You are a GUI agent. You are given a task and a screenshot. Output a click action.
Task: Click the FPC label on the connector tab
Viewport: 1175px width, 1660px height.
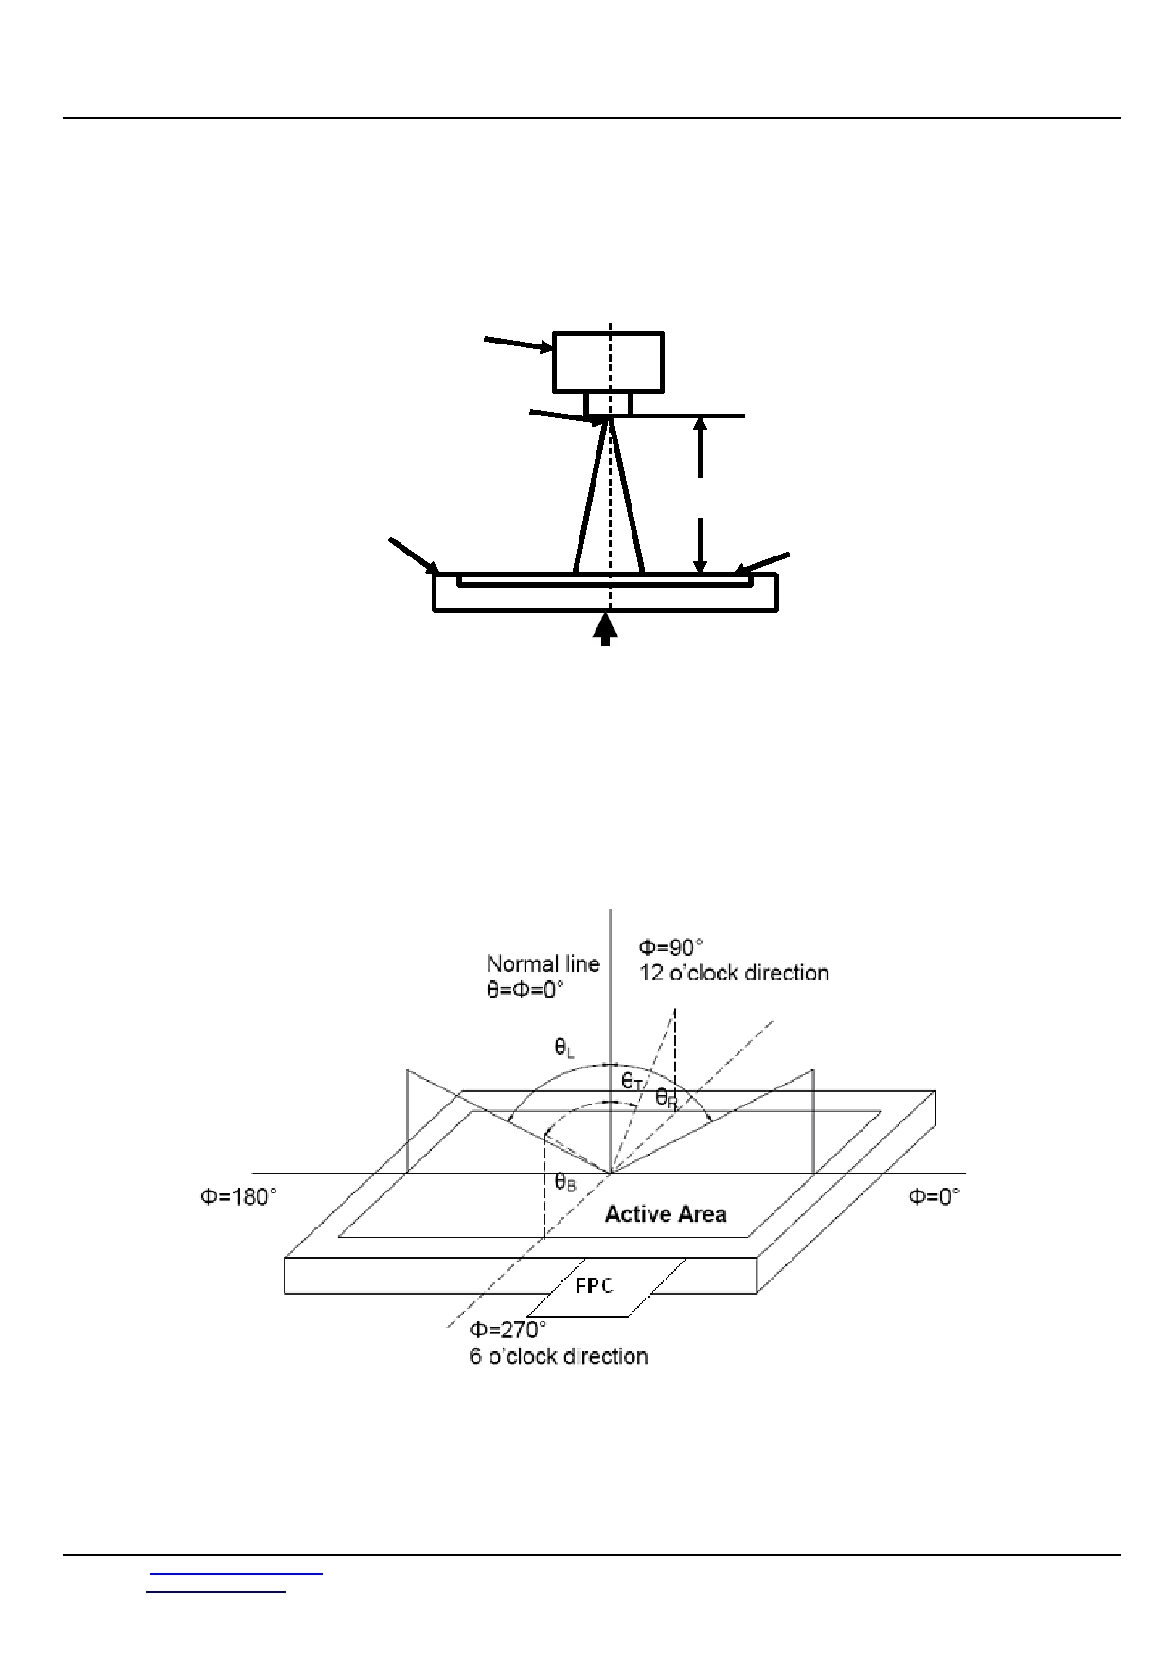tap(594, 1285)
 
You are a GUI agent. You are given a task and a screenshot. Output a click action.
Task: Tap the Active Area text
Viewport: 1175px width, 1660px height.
tap(666, 1214)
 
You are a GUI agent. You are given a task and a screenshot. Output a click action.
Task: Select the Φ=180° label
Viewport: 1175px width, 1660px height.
tap(239, 1197)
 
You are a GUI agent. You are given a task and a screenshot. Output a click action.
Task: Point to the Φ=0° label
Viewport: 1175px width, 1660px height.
tap(935, 1197)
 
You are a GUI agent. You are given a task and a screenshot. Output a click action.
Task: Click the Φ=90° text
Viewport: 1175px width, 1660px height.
tap(671, 947)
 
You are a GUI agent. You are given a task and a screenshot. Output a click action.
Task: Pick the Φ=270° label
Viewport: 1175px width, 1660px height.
tap(508, 1330)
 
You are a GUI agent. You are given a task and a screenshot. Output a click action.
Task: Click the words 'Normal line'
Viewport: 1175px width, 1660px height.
tap(543, 963)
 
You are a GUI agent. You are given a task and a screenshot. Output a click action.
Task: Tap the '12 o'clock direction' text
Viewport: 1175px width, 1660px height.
tap(734, 973)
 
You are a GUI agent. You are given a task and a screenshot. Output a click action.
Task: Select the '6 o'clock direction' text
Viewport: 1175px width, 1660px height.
tap(559, 1356)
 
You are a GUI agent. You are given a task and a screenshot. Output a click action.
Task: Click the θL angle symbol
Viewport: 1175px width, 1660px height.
tap(565, 1048)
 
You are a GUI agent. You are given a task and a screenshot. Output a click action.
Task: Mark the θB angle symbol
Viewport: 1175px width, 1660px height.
tap(565, 1181)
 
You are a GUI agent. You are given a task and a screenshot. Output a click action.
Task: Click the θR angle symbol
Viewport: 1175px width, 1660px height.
tap(667, 1098)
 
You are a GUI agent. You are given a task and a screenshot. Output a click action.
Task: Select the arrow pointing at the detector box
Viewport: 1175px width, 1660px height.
tap(519, 344)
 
